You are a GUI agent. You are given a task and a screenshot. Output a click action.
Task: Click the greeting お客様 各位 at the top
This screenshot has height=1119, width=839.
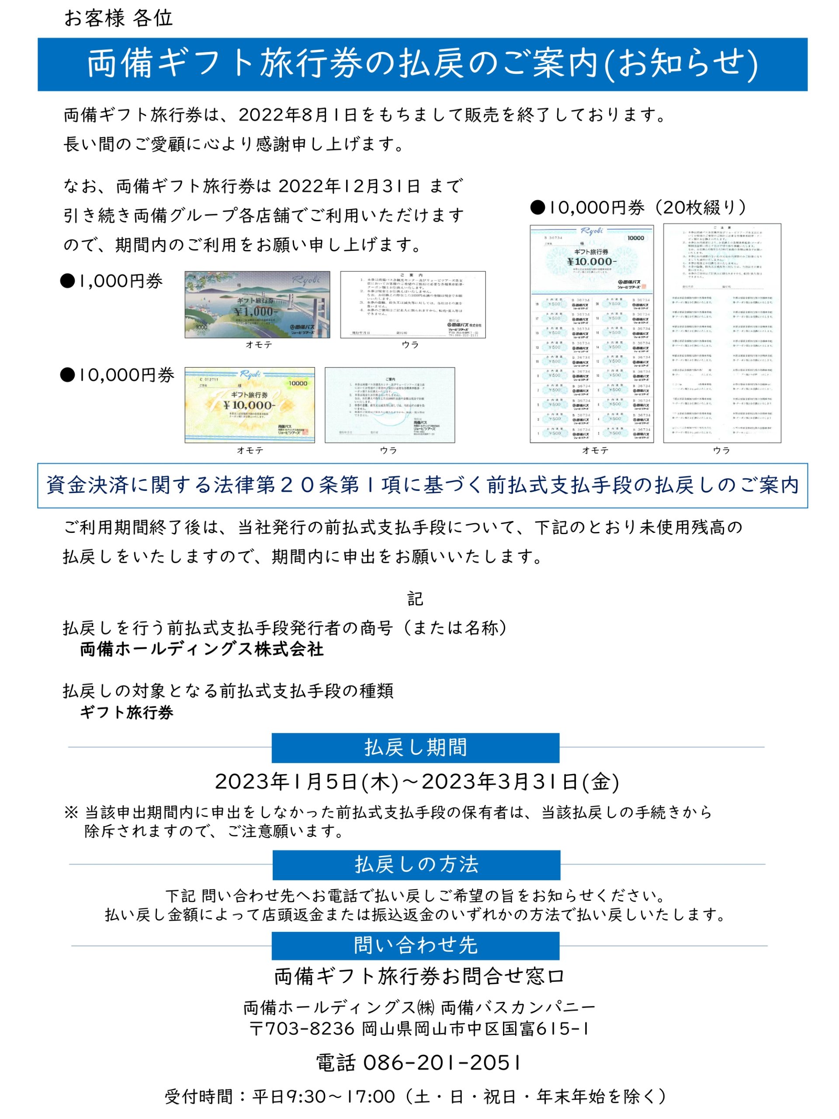(x=118, y=18)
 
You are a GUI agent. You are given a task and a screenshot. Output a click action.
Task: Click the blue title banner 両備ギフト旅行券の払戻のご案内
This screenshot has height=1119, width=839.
(x=422, y=64)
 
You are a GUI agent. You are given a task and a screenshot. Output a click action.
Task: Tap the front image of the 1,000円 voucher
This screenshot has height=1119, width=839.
(x=257, y=305)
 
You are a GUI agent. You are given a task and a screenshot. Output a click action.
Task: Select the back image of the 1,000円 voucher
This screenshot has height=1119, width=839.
(x=413, y=305)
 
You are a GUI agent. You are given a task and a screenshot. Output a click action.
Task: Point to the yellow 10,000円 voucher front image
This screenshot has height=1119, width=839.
(x=250, y=405)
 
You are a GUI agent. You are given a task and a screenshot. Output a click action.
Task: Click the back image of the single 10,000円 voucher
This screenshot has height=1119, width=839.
(x=389, y=405)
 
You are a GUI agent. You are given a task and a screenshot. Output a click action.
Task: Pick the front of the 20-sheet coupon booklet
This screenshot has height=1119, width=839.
(x=592, y=334)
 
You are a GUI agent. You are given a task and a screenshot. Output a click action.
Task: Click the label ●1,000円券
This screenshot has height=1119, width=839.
(x=111, y=281)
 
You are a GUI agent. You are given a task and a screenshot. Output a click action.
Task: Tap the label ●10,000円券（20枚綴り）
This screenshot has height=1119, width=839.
(x=638, y=208)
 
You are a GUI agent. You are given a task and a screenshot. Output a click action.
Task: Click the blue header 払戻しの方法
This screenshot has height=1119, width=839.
(x=416, y=865)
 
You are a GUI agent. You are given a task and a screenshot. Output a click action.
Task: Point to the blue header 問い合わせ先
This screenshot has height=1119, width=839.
(x=415, y=945)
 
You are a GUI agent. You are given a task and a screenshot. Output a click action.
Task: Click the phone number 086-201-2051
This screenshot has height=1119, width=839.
(x=441, y=1063)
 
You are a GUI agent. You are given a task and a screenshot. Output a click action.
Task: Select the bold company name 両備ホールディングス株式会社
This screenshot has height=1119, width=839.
(x=202, y=649)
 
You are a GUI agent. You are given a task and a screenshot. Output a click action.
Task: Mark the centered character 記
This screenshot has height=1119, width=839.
(x=415, y=599)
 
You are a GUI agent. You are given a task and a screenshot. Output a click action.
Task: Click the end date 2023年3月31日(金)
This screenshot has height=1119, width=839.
(x=520, y=782)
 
